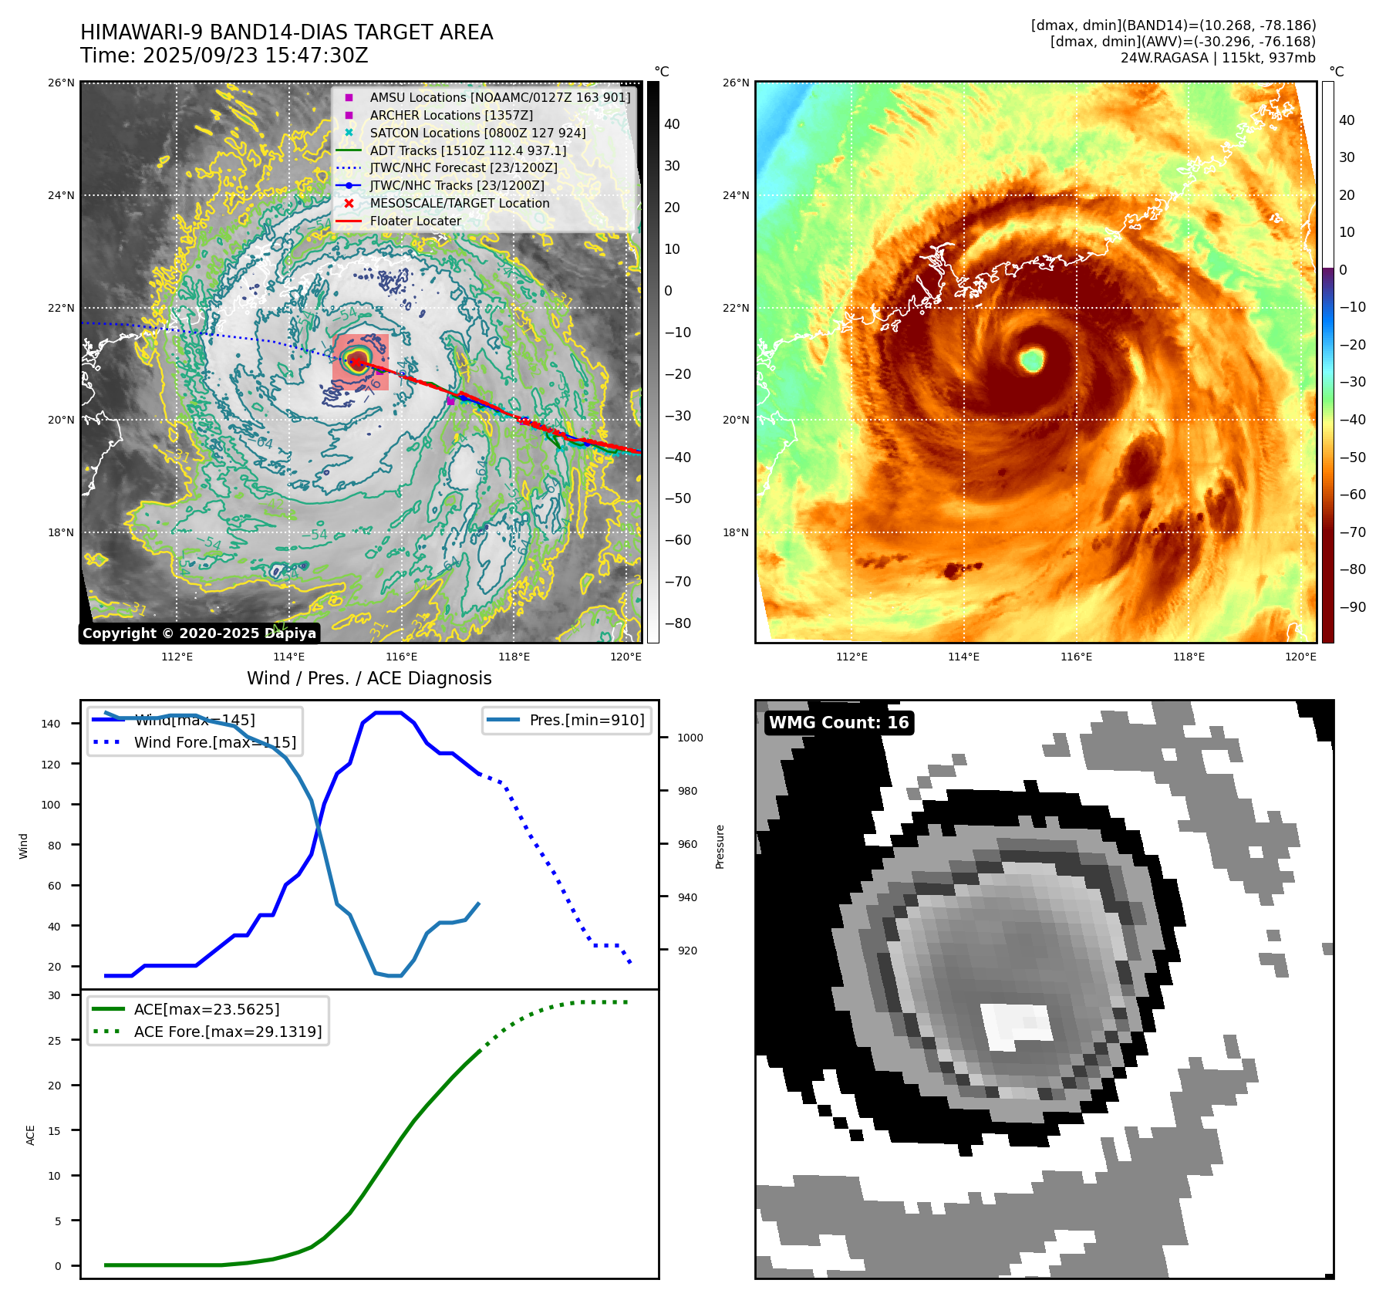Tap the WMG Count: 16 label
coord(838,723)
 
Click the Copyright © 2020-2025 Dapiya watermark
coord(199,633)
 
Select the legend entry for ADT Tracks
coord(467,150)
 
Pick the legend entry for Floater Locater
coord(415,221)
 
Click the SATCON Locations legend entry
coord(477,133)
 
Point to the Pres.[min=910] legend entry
coord(586,720)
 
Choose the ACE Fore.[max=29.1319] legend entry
coord(228,1032)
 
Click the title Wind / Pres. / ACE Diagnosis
coord(369,678)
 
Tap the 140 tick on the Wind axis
coord(51,724)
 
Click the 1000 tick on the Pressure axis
coord(690,738)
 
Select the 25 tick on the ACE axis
coord(54,1040)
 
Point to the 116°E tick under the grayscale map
coord(401,657)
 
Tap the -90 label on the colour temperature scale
coord(1352,607)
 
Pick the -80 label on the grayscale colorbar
coord(678,623)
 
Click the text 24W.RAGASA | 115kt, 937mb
coord(1218,58)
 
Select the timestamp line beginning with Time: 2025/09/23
coord(224,56)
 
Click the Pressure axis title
coord(720,846)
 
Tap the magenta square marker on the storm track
coord(450,400)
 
